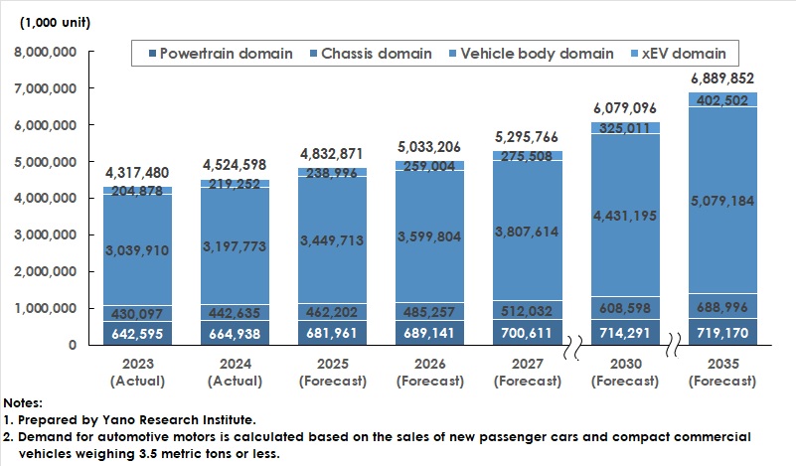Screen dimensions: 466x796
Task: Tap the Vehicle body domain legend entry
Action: pyautogui.click(x=532, y=53)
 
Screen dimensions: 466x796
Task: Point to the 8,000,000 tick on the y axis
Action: pyautogui.click(x=48, y=52)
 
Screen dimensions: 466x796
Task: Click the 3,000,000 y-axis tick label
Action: pyautogui.click(x=48, y=235)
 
